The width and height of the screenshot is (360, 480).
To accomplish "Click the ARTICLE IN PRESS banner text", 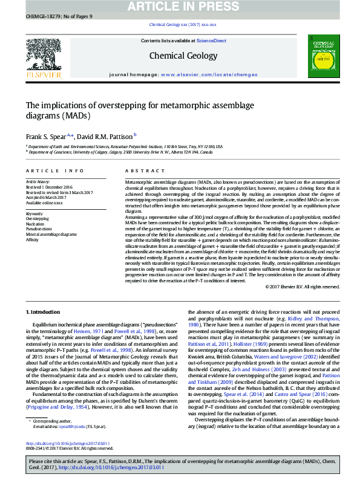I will pos(179,6).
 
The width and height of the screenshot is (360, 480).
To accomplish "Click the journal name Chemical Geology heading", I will pos(183,56).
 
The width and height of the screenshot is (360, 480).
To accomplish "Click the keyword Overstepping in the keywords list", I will pos(37,218).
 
